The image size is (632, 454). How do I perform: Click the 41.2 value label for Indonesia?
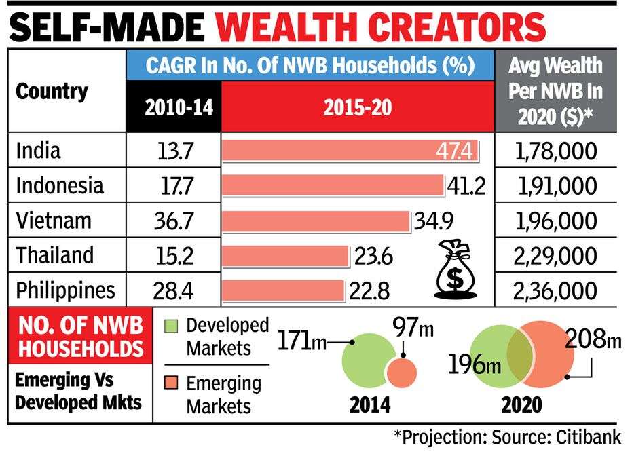pyautogui.click(x=466, y=185)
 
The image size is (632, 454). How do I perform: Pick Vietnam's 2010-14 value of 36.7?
pyautogui.click(x=174, y=221)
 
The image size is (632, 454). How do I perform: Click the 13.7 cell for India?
pyautogui.click(x=174, y=151)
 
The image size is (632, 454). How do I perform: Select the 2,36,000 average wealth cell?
pyautogui.click(x=556, y=290)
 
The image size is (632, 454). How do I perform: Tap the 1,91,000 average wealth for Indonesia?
pyautogui.click(x=556, y=185)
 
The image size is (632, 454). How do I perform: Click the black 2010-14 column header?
pyautogui.click(x=174, y=107)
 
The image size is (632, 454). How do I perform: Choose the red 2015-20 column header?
pyautogui.click(x=358, y=107)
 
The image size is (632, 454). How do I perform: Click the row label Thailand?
pyautogui.click(x=55, y=256)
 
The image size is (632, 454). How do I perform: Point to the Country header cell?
pyautogui.click(x=52, y=91)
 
